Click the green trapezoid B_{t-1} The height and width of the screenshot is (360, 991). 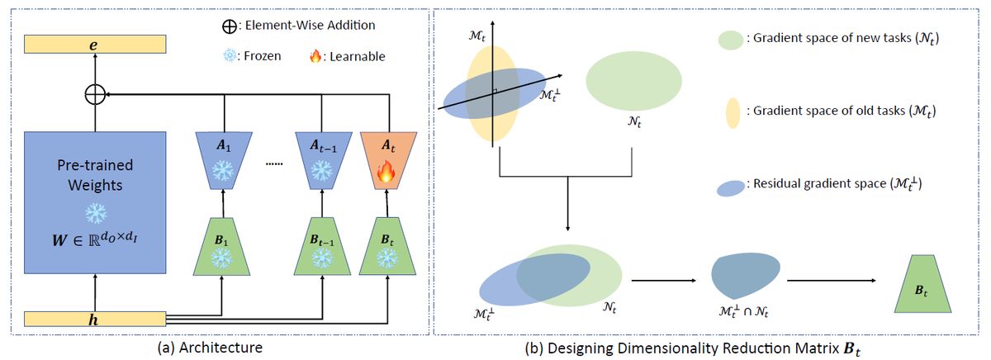pos(320,246)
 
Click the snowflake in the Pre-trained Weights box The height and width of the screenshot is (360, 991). pos(97,213)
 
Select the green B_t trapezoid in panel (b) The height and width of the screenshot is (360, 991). pos(921,283)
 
